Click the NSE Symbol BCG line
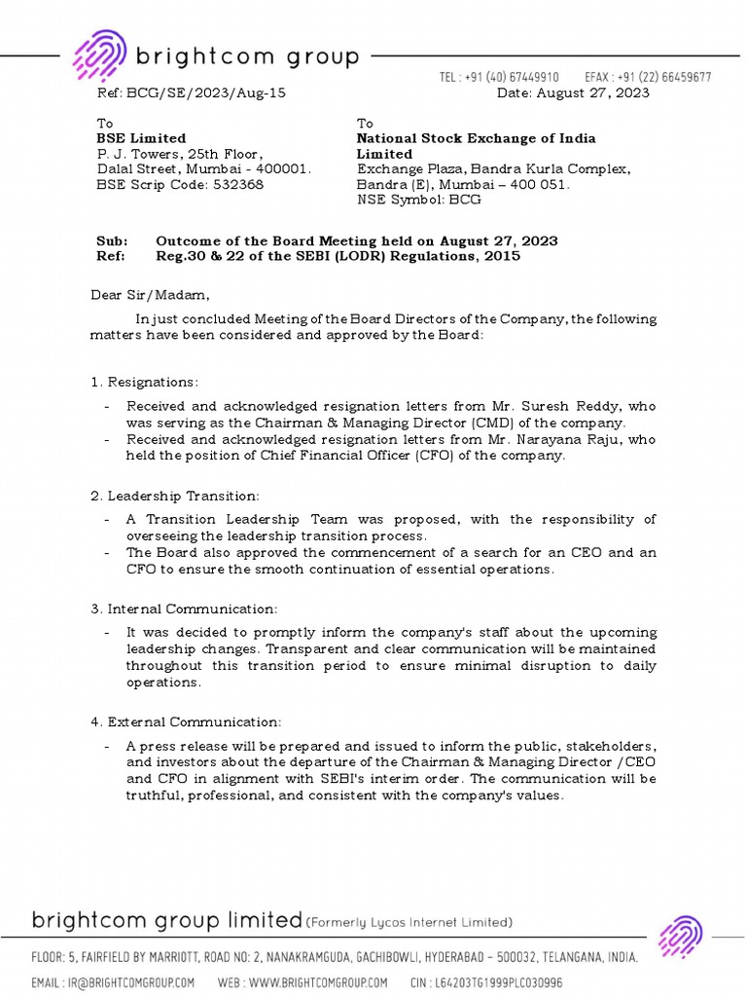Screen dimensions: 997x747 [418, 200]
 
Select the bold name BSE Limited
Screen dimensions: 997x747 [140, 138]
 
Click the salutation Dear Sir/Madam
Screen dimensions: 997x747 [150, 295]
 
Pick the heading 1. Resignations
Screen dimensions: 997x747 [144, 382]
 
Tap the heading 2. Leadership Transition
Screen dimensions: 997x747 [174, 496]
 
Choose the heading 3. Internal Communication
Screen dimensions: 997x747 [184, 609]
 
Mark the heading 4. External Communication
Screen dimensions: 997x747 [185, 722]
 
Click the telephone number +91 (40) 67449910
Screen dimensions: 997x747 [513, 77]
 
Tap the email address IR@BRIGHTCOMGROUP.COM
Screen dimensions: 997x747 [128, 982]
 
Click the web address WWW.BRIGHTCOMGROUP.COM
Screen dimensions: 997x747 [317, 982]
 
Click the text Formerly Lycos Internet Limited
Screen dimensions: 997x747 [409, 922]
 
